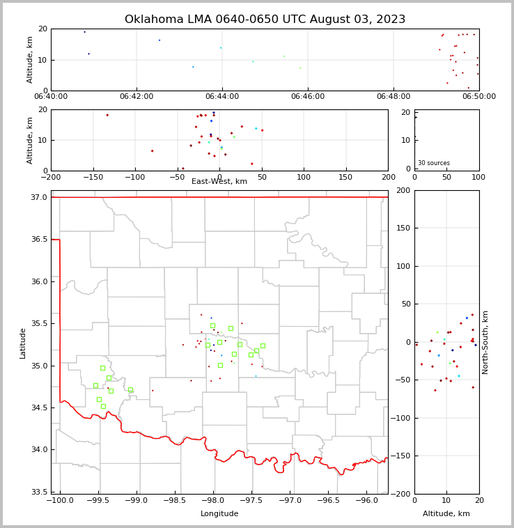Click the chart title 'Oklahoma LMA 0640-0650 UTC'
[x=265, y=20]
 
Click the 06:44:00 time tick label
[x=222, y=97]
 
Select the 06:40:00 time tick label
[x=51, y=97]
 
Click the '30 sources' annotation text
[x=434, y=163]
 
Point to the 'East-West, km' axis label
[x=219, y=182]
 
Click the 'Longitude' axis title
[x=219, y=514]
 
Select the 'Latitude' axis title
[x=23, y=343]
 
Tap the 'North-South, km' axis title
[x=485, y=342]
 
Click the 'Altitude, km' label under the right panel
[x=446, y=514]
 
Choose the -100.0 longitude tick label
[x=61, y=501]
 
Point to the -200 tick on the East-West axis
[x=51, y=177]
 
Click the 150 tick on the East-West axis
[x=346, y=177]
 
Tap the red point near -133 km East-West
[x=107, y=115]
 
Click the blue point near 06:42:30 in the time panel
[x=159, y=40]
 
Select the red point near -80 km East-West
[x=153, y=151]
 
